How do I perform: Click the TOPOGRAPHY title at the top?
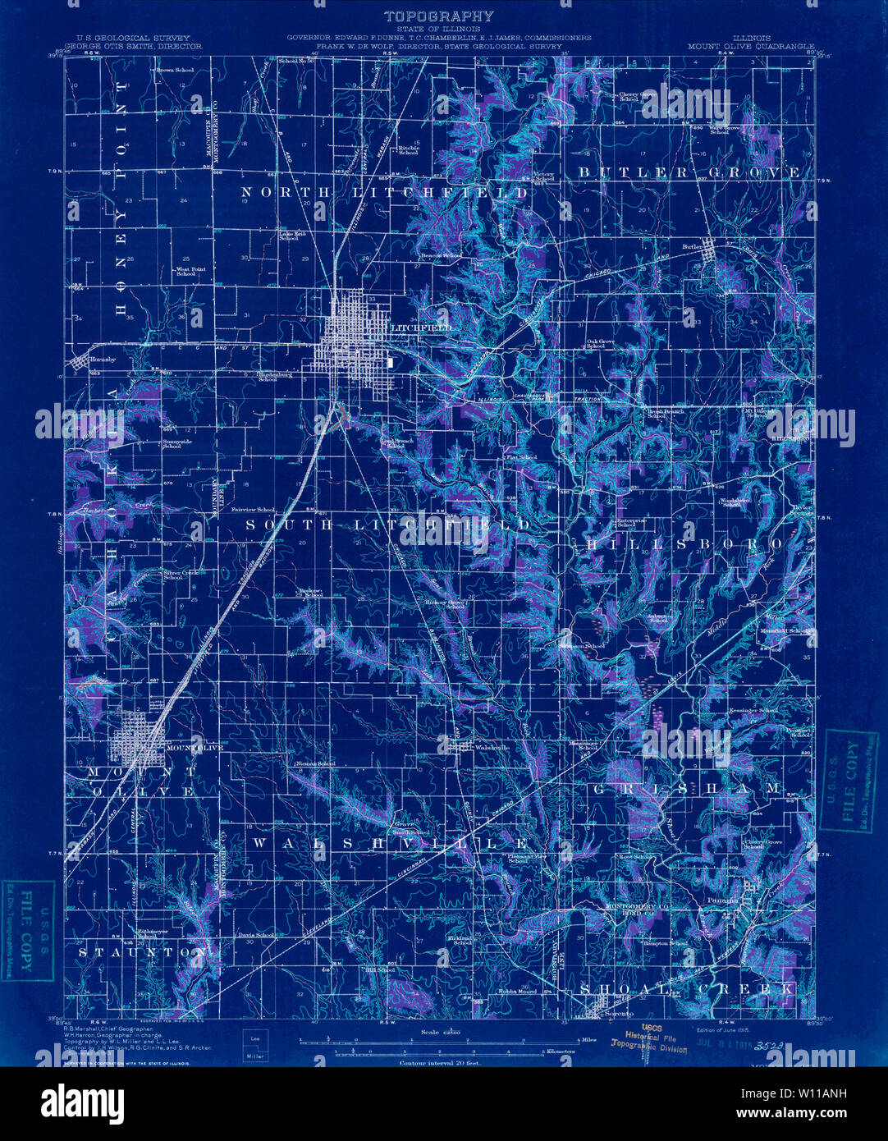[x=439, y=16]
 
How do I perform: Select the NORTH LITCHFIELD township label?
[x=384, y=192]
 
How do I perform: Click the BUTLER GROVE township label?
[x=689, y=172]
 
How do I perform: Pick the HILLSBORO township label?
[x=681, y=544]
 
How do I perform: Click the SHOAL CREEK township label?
[x=688, y=989]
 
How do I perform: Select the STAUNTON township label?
[x=142, y=953]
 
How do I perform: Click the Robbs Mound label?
[x=518, y=991]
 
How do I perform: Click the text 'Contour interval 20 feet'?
[x=440, y=1062]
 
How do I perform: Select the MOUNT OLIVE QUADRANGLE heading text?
[x=750, y=47]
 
